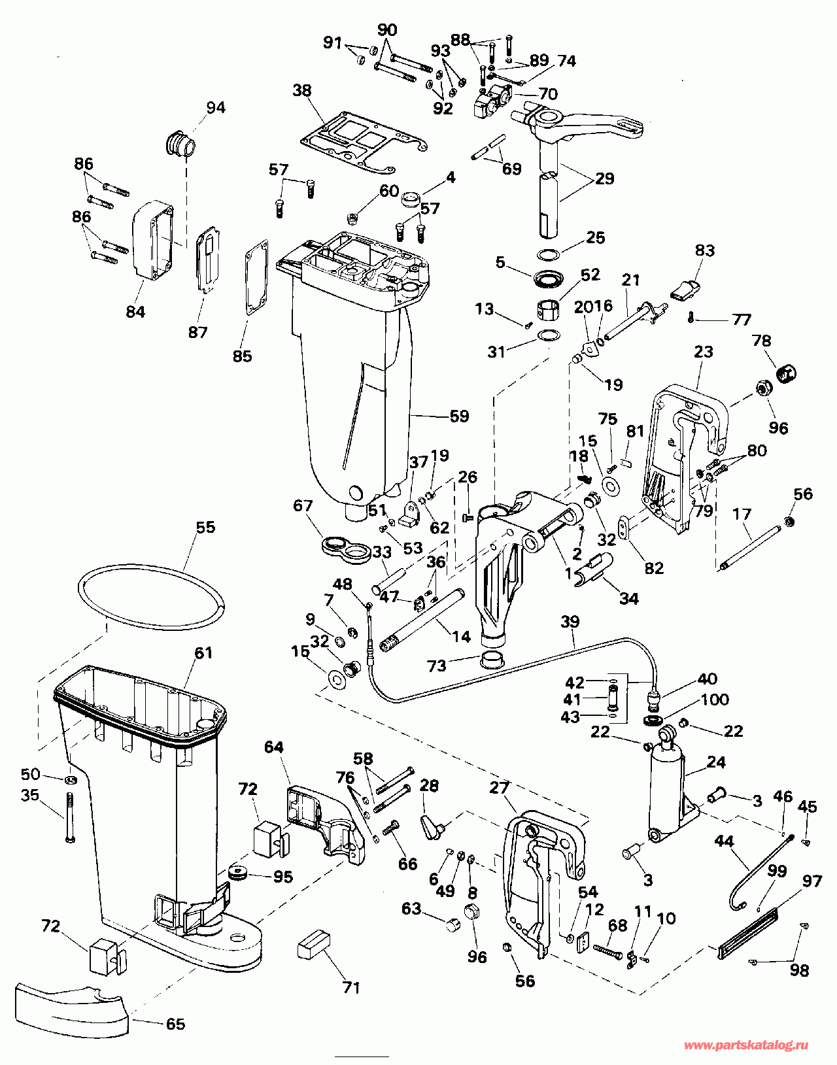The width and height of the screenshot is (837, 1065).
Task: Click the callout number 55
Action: coord(205,527)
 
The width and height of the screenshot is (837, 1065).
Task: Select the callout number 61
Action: coord(203,652)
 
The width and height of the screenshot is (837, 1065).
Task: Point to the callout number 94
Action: coord(215,107)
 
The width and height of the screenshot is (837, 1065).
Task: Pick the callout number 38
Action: coord(302,90)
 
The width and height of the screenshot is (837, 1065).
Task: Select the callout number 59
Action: coord(459,416)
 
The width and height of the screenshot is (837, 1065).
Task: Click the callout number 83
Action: coord(704,250)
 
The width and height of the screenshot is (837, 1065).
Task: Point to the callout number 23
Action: coord(703,352)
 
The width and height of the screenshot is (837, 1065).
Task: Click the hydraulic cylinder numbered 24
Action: coord(666,787)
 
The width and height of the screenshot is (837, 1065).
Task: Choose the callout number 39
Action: coord(570,621)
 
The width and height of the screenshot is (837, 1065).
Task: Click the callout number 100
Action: coord(715,700)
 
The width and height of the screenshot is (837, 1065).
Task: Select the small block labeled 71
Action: coord(314,945)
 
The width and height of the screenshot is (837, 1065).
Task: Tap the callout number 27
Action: coord(499,788)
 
